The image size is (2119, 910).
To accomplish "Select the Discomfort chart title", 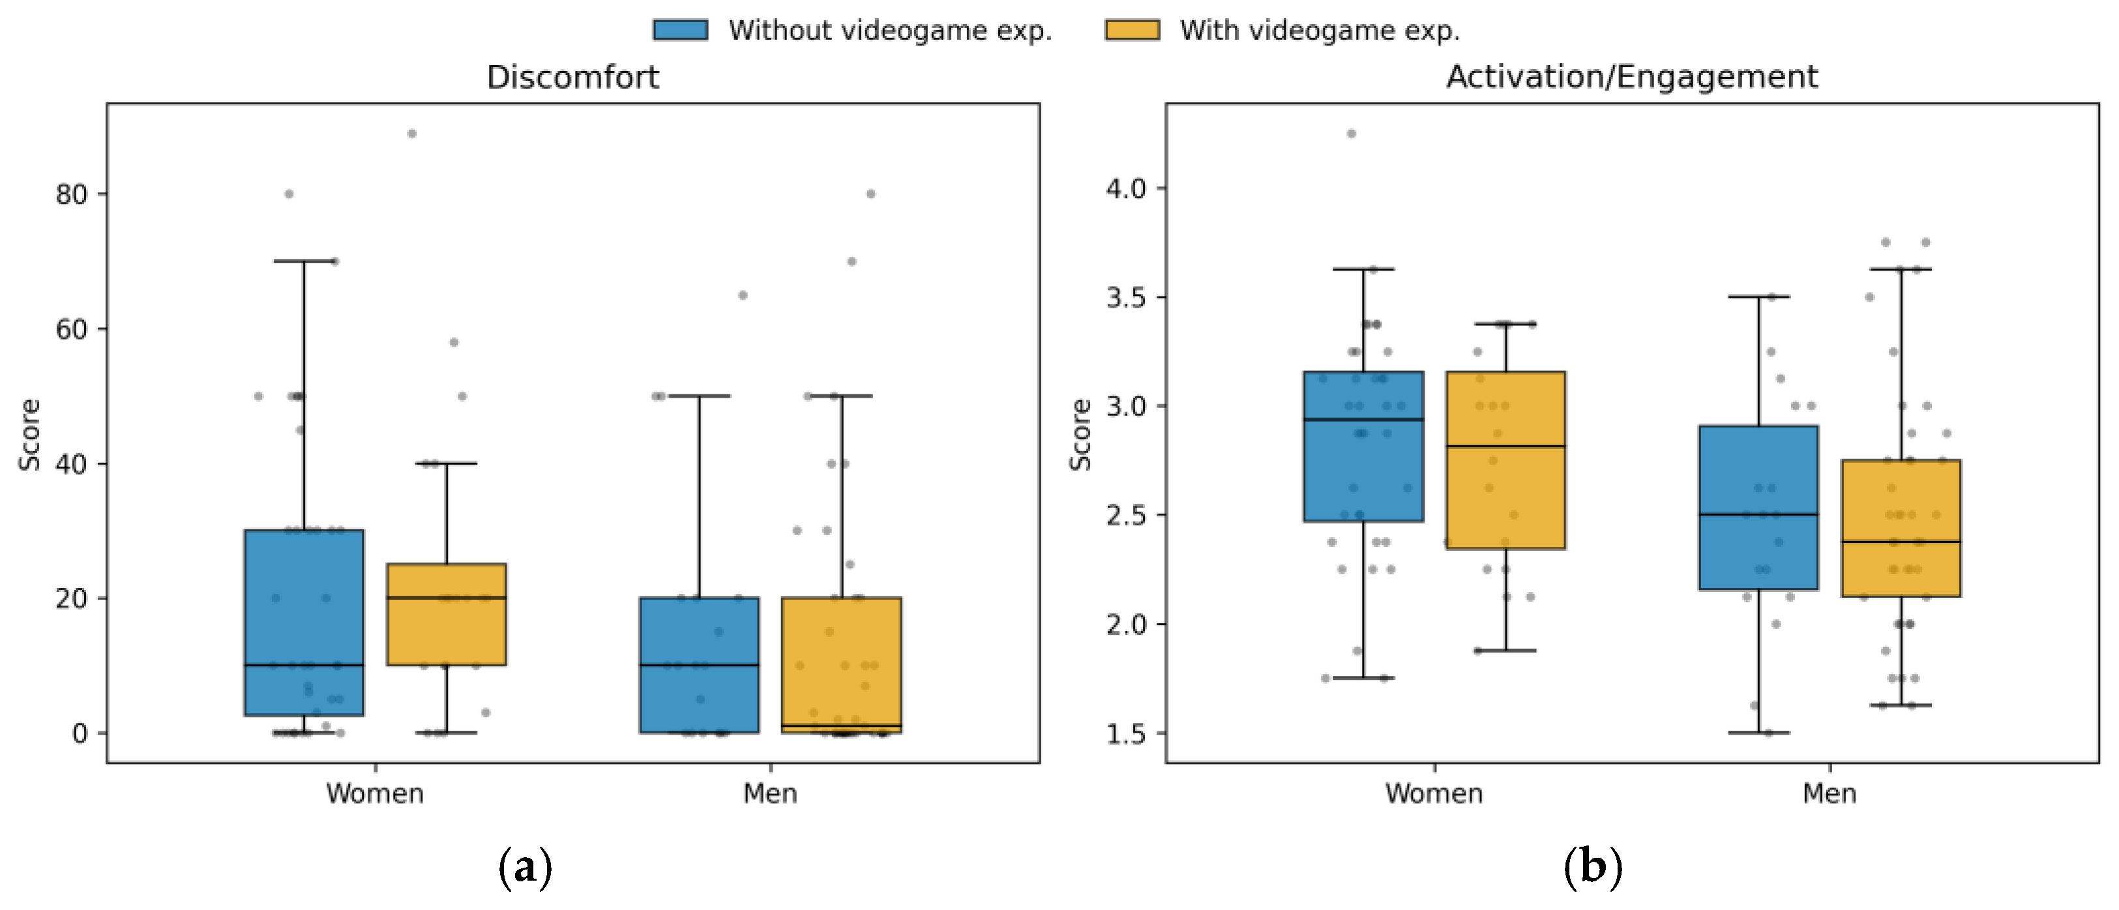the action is (x=572, y=78).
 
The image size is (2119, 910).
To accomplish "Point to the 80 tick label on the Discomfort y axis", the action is (x=72, y=194).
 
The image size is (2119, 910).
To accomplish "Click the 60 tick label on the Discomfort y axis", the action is (x=72, y=329).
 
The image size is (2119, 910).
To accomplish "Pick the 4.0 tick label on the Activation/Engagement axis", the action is (x=1126, y=188).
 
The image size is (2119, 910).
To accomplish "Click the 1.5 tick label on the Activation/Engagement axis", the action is (x=1126, y=733).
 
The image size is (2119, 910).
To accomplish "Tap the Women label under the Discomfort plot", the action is (x=375, y=794).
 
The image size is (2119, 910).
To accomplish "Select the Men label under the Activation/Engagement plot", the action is (x=1830, y=794).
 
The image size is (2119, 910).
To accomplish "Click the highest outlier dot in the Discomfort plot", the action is (x=412, y=133).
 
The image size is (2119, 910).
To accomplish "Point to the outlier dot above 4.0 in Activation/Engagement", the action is (x=1352, y=133).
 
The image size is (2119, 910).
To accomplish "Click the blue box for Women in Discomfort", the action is (x=304, y=623).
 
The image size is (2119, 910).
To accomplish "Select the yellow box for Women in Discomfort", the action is (x=447, y=615).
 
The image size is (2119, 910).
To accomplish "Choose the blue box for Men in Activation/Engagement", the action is (x=1758, y=508).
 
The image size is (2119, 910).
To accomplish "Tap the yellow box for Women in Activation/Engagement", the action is (x=1506, y=460).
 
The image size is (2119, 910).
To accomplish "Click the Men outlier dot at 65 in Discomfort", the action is (x=743, y=295).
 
